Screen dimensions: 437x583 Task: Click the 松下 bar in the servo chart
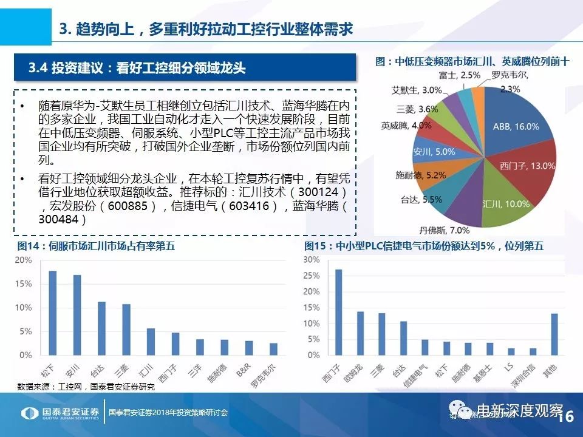pyautogui.click(x=53, y=313)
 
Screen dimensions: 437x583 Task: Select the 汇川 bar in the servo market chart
pyautogui.click(x=151, y=341)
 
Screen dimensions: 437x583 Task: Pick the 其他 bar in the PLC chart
pyautogui.click(x=553, y=334)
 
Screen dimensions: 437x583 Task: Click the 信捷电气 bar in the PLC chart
pyautogui.click(x=425, y=347)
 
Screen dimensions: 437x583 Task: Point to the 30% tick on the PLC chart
pyautogui.click(x=311, y=260)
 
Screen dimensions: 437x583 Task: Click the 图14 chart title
pyautogui.click(x=96, y=246)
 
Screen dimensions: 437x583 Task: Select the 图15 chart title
pyautogui.click(x=423, y=246)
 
